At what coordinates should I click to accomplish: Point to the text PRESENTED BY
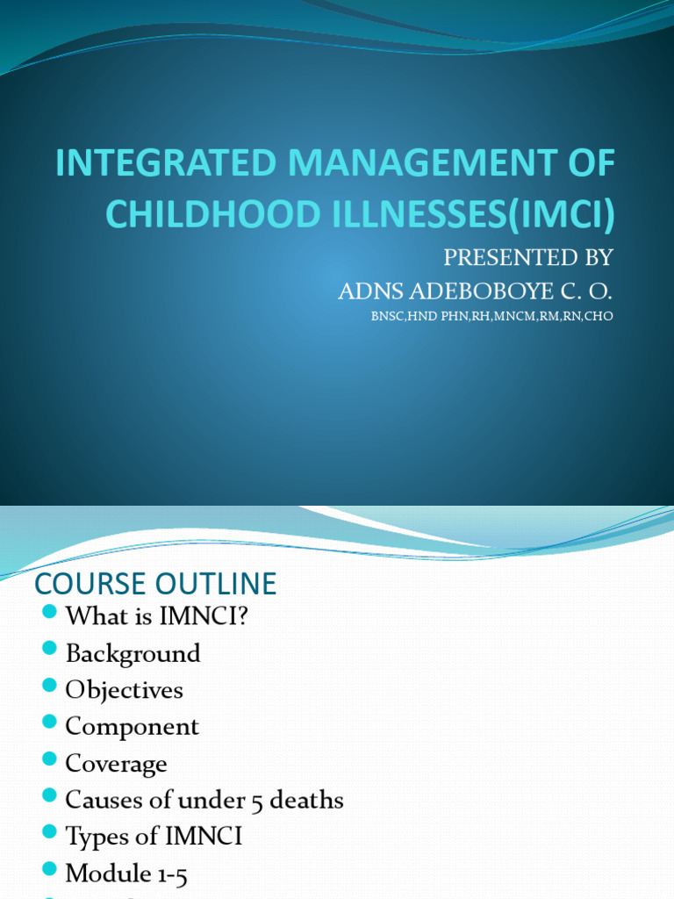(527, 257)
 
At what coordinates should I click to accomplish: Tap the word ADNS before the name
(373, 291)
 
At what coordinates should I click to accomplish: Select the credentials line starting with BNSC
(491, 317)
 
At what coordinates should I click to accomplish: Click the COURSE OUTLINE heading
(155, 583)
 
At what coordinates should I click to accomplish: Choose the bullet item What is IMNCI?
(157, 616)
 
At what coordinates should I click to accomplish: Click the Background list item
(133, 653)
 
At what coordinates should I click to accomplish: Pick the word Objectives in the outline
(125, 690)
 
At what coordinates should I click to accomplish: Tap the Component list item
(133, 727)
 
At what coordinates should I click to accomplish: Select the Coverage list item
(116, 764)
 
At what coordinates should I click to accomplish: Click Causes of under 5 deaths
(204, 800)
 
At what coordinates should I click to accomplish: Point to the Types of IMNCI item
(154, 837)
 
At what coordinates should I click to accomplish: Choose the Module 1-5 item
(126, 874)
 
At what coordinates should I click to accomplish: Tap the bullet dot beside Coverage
(49, 759)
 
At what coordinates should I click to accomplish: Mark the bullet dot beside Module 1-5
(49, 869)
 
